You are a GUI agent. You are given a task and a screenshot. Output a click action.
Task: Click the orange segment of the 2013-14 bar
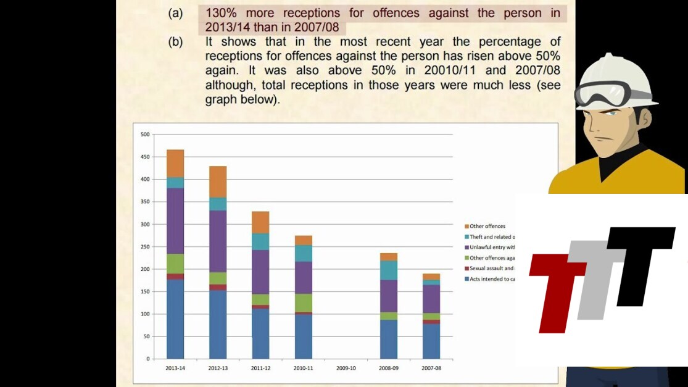(x=175, y=164)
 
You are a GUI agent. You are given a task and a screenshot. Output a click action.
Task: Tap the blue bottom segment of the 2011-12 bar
(x=260, y=333)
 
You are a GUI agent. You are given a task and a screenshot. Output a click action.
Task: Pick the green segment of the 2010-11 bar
(x=303, y=302)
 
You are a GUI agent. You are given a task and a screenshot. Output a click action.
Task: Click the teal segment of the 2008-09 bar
(x=389, y=270)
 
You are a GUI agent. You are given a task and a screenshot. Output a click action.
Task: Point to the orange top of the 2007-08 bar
(x=431, y=277)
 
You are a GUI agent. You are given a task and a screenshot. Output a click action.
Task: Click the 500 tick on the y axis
(x=145, y=134)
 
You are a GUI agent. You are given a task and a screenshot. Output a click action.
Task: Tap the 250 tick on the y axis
(x=145, y=246)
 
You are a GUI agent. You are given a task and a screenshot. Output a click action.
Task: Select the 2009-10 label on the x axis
(x=346, y=368)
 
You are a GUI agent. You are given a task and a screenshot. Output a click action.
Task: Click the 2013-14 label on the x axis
(x=175, y=368)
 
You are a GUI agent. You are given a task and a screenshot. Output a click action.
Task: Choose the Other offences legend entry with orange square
(x=487, y=227)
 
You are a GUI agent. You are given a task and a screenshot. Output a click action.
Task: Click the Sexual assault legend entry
(x=491, y=268)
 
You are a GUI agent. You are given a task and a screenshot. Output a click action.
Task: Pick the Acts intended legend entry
(x=491, y=279)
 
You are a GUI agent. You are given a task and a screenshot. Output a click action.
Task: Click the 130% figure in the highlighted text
(x=220, y=13)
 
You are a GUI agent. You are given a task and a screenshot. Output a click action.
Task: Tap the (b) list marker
(x=175, y=43)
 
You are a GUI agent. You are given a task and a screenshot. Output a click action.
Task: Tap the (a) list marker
(x=175, y=13)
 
